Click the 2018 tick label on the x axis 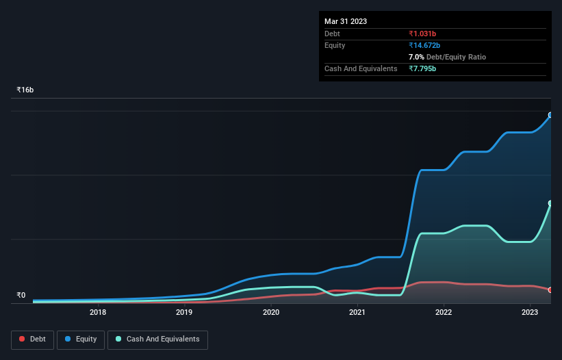[x=98, y=313]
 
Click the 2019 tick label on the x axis [x=184, y=313]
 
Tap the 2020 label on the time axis [x=271, y=313]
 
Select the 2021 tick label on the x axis [x=357, y=313]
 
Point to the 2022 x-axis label [x=444, y=313]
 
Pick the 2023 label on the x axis [x=530, y=313]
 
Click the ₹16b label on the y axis [x=25, y=90]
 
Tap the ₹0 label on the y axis [x=21, y=296]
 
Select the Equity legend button [x=81, y=339]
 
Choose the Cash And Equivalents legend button [x=157, y=339]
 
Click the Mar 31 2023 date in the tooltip [x=346, y=21]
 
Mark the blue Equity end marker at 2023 [x=550, y=115]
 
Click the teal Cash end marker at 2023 [x=550, y=203]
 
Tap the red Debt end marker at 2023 [x=550, y=290]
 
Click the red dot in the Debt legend [x=23, y=339]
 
